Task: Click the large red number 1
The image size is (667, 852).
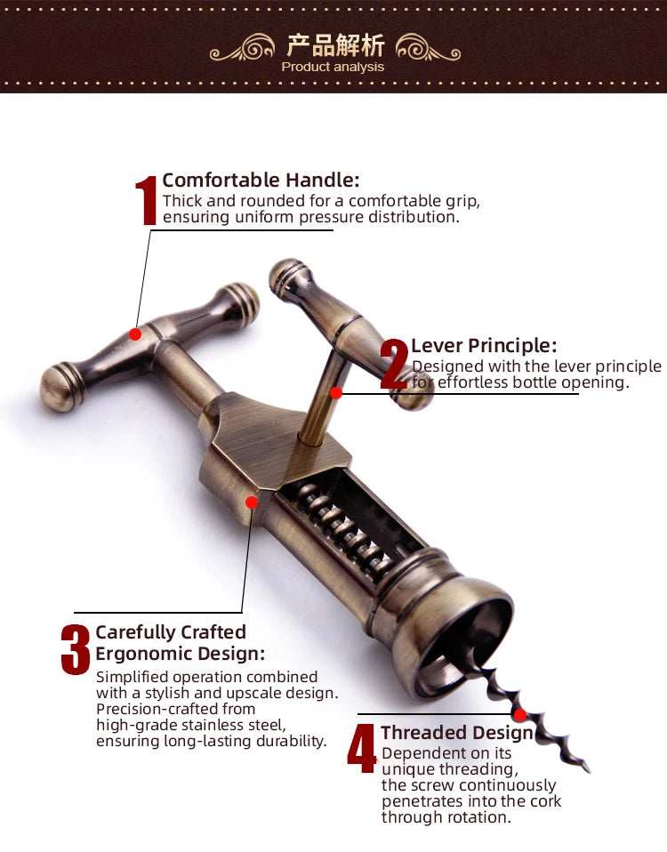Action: coord(146,200)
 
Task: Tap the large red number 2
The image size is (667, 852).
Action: coord(394,364)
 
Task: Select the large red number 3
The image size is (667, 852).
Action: coord(76,649)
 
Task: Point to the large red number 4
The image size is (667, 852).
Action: coord(362,748)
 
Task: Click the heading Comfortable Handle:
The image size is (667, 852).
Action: coord(261,180)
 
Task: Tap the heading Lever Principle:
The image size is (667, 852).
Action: coord(484,346)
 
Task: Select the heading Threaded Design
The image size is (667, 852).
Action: coord(457,733)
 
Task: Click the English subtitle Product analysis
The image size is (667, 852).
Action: coord(333,67)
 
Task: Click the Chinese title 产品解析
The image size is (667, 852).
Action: coord(335,45)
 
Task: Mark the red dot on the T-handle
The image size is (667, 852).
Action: coord(135,334)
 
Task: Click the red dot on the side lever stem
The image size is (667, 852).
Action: coord(336,392)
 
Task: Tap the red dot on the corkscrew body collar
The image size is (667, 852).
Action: coord(252,502)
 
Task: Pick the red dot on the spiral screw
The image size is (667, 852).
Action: coord(519,715)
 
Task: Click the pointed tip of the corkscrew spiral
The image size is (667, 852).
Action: coord(588,770)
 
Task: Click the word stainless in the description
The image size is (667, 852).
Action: coord(213,725)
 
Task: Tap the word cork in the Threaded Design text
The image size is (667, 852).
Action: coord(545,801)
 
